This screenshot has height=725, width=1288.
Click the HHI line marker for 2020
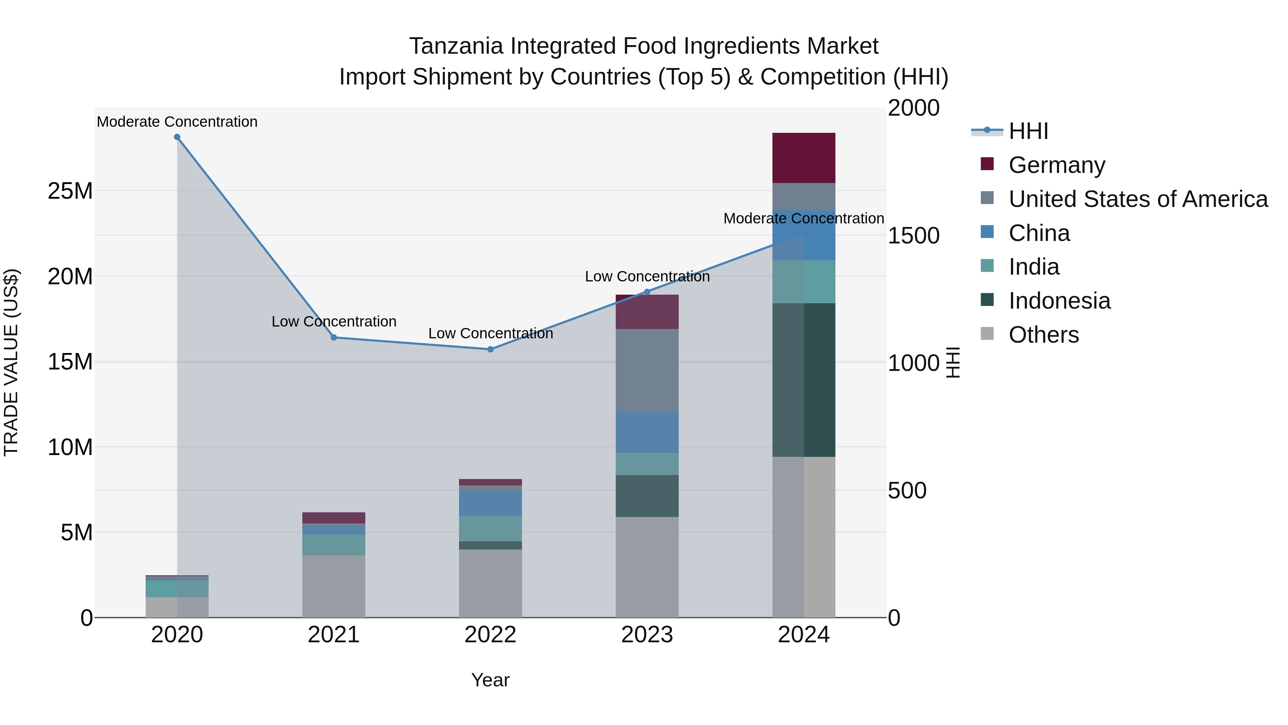point(177,137)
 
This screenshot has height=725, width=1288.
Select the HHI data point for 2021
point(334,338)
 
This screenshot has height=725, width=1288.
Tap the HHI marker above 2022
point(491,349)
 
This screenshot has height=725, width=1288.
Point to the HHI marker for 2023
point(647,292)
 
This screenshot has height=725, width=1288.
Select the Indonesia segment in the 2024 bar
point(804,380)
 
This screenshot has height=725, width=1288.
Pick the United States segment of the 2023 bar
point(647,370)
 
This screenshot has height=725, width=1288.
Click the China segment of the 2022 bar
point(491,503)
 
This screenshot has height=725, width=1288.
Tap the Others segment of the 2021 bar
point(334,586)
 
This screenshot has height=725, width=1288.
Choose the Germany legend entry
point(1057,165)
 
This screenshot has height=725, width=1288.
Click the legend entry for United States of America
point(1138,199)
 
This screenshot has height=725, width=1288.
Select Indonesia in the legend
point(1059,301)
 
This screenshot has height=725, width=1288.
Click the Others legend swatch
point(987,334)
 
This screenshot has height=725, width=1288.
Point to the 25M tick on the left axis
point(70,191)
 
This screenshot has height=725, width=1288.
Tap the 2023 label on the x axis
point(647,635)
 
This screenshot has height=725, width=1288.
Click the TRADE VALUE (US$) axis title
point(11,362)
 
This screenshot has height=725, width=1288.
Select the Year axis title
point(491,680)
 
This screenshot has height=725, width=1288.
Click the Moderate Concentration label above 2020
point(177,122)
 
